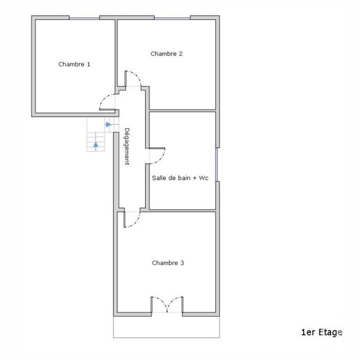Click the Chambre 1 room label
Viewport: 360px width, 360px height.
point(74,64)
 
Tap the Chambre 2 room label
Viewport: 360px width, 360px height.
point(166,54)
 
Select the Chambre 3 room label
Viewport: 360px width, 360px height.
point(168,263)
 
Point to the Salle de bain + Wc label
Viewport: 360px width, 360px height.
point(180,178)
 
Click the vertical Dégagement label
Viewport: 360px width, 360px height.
point(127,146)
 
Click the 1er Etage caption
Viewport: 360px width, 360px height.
point(322,332)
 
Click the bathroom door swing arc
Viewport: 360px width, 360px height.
point(161,159)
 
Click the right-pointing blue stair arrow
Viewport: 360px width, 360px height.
point(108,124)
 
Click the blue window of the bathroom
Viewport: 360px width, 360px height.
point(217,165)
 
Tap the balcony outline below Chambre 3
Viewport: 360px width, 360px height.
point(166,337)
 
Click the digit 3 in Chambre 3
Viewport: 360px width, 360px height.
point(182,263)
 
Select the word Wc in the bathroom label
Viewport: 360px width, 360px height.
point(204,178)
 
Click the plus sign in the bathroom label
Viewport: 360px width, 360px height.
point(195,178)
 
